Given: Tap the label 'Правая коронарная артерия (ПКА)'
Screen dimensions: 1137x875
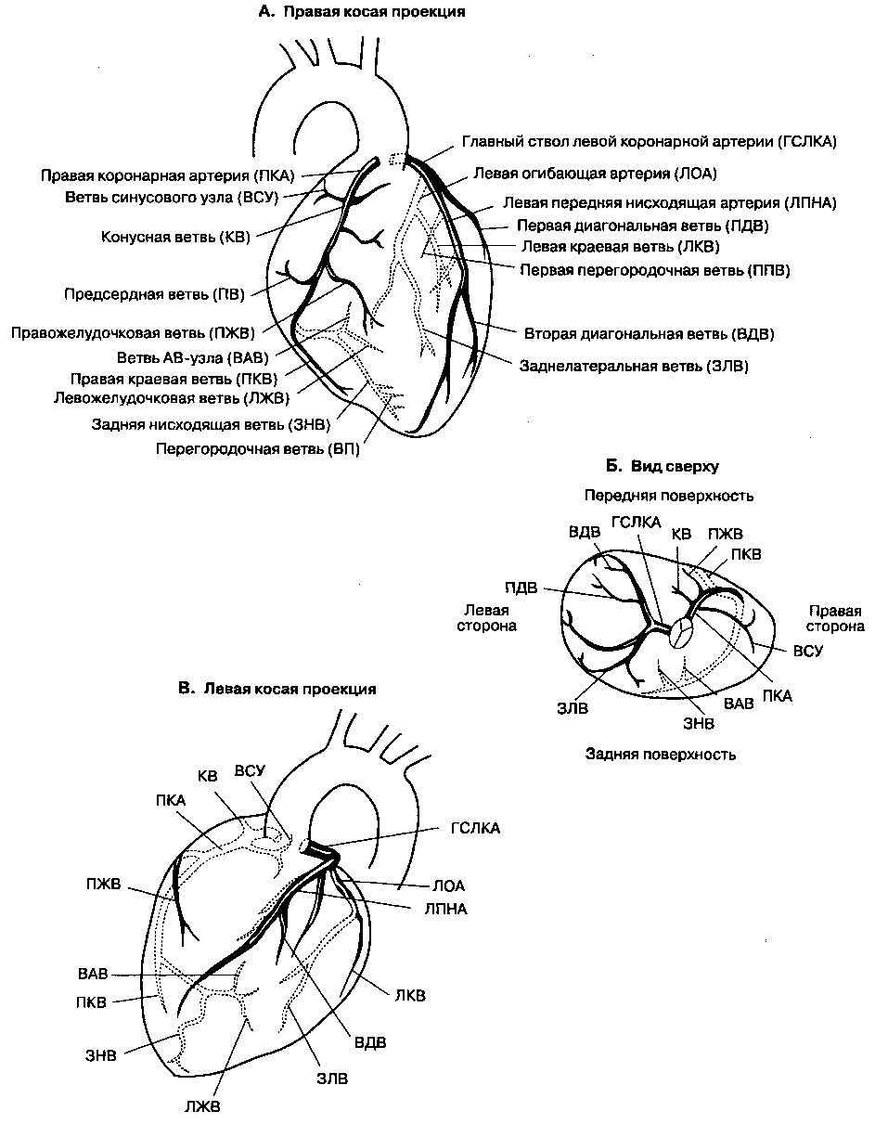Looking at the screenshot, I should pos(162,174).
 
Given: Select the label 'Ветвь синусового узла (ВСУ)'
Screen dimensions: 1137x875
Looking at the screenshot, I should pos(172,197).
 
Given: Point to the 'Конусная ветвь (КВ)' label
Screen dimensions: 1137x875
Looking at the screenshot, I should pos(176,237).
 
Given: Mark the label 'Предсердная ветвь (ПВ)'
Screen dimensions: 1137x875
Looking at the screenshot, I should pos(154,295).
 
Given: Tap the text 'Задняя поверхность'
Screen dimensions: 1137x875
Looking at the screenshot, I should pos(661,754).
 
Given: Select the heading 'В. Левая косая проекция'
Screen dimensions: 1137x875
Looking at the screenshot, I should pos(277,689).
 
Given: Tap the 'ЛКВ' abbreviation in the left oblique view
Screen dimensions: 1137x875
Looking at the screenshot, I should pos(410,996).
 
